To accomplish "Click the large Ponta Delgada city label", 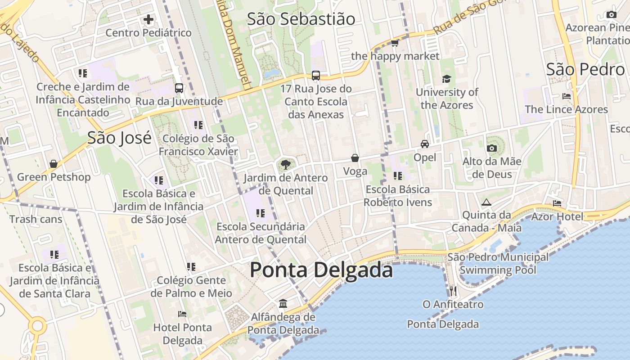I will point(321,270).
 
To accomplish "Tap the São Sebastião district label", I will point(301,19).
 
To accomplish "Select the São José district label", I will point(119,138).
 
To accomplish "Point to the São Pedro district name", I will point(585,69).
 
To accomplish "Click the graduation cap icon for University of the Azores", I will point(446,79).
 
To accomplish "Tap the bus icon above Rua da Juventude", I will point(179,88).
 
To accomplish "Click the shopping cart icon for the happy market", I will point(395,43).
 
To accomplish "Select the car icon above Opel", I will point(424,144).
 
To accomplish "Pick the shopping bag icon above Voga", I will point(355,158).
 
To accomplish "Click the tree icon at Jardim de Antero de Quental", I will point(285,164).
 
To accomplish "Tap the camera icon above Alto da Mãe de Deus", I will point(491,148).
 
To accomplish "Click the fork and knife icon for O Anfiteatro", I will point(453,291).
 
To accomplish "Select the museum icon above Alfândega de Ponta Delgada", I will point(283,304).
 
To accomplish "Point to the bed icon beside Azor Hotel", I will point(557,203).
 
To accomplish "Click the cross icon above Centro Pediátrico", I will point(148,19).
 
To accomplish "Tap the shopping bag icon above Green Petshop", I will point(54,164).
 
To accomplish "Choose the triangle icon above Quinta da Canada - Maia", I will point(486,202).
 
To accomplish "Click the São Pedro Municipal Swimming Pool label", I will point(498,264).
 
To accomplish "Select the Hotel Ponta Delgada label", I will point(182,334).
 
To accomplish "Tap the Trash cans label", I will point(36,220).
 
